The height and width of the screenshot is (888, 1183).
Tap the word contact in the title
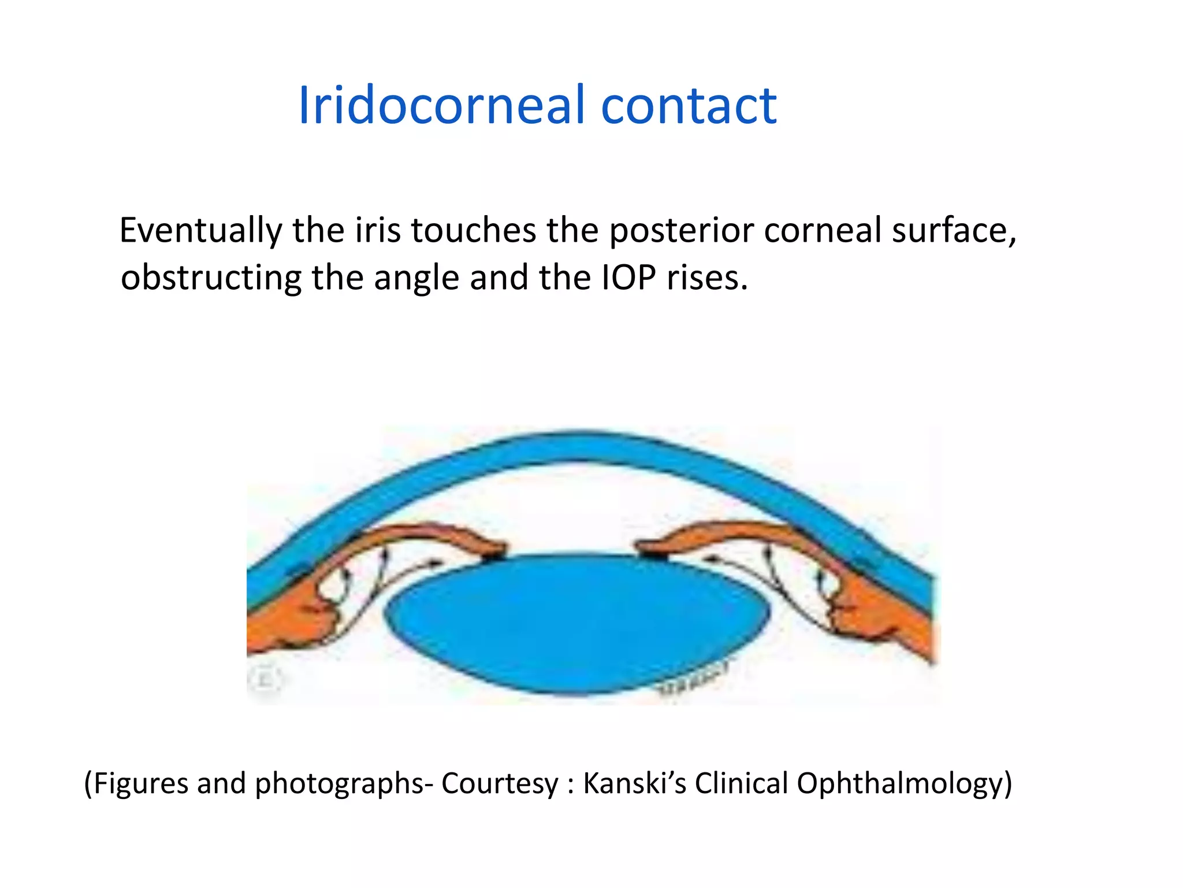[x=689, y=105]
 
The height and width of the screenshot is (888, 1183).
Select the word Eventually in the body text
[x=200, y=231]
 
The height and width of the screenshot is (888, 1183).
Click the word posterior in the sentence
[x=682, y=231]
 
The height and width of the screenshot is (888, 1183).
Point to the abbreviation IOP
[x=628, y=278]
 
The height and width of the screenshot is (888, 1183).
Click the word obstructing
[x=211, y=278]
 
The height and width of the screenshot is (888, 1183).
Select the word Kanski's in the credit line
[x=634, y=784]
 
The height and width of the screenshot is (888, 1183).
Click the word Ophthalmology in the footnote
[x=904, y=784]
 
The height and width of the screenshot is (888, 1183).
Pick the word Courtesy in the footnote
[x=500, y=784]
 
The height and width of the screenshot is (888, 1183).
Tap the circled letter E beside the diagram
[x=265, y=679]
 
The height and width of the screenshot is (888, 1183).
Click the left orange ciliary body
[x=289, y=619]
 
